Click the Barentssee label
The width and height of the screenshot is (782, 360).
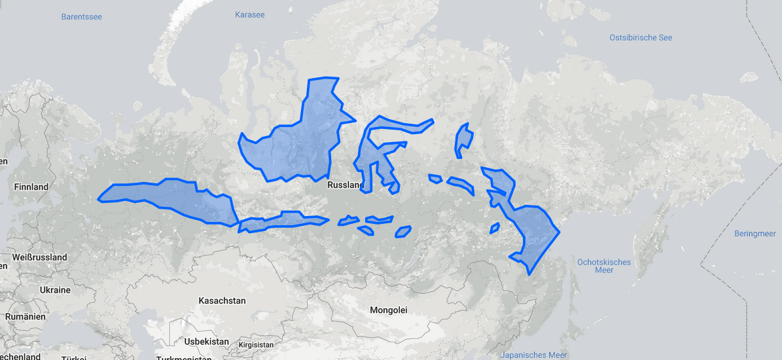tap(82, 16)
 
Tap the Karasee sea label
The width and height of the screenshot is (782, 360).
tap(250, 14)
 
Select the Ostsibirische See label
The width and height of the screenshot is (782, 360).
tap(640, 37)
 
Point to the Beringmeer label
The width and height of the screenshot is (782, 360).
tap(755, 234)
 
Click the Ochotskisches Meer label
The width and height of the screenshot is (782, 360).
tap(604, 266)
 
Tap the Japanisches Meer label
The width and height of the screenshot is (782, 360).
tap(533, 355)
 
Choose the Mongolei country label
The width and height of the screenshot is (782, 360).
tap(388, 310)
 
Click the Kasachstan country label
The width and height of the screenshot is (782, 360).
tap(222, 300)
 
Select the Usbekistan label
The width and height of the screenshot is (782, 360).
tap(207, 342)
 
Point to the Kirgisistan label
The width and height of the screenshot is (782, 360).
tap(256, 344)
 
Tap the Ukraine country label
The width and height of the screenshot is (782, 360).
tap(55, 290)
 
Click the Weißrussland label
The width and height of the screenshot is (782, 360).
tap(39, 257)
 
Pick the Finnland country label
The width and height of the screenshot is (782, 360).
tap(31, 187)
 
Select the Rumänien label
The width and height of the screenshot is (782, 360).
tap(25, 316)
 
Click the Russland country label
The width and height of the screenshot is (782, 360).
tap(345, 185)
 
